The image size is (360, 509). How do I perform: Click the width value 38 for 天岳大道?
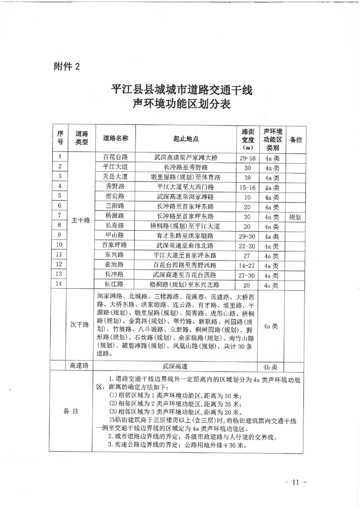point(247,177)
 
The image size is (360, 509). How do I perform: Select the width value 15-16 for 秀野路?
point(247,187)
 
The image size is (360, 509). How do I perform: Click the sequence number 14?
point(59,284)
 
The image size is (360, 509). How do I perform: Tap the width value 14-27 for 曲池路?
point(247,265)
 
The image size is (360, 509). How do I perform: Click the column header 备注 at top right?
point(296,139)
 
